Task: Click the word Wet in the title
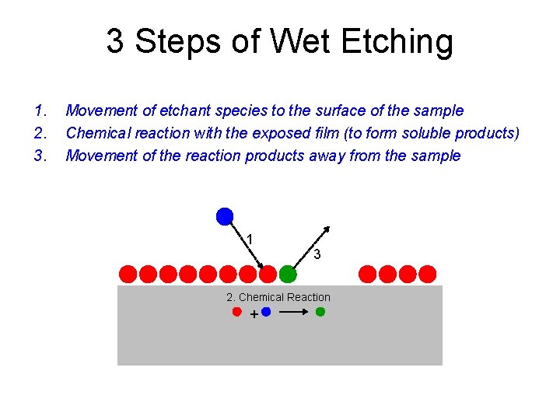click(292, 42)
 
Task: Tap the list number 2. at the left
click(40, 133)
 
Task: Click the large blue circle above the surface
click(225, 216)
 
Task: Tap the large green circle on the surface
click(288, 274)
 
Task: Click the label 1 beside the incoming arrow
click(249, 239)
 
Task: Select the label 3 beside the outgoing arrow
click(317, 254)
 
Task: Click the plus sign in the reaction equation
click(254, 314)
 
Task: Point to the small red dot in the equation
click(237, 312)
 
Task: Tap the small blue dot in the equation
click(266, 312)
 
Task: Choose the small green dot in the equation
click(320, 312)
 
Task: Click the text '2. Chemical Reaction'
click(278, 297)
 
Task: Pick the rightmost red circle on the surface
click(428, 274)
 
